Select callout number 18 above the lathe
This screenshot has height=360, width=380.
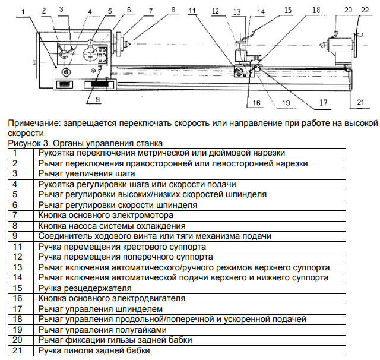pyautogui.click(x=316, y=10)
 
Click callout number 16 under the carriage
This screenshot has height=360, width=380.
pyautogui.click(x=256, y=102)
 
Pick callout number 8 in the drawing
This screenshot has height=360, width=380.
pyautogui.click(x=173, y=10)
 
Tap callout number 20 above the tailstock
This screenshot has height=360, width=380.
pyautogui.click(x=348, y=10)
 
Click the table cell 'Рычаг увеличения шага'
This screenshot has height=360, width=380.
pyautogui.click(x=86, y=174)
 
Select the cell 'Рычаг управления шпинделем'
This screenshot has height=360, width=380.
pyautogui.click(x=100, y=309)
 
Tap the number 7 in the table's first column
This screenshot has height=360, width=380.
pyautogui.click(x=16, y=216)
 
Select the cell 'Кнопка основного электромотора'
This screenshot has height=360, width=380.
pyautogui.click(x=106, y=216)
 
